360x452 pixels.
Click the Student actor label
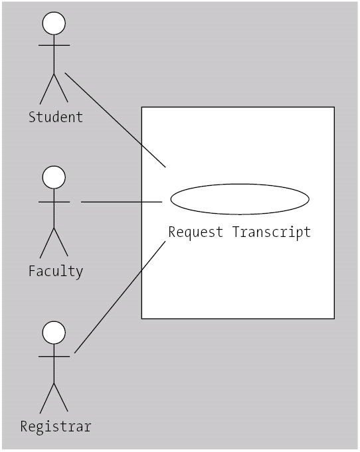coord(56,117)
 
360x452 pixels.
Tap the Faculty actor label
coord(56,271)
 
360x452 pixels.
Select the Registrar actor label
coord(56,427)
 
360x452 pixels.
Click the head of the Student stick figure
coord(54,23)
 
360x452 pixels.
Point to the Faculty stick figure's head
coord(54,177)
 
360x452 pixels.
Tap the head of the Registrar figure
coord(54,333)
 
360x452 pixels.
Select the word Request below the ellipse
coord(195,232)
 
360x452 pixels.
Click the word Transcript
coord(272,232)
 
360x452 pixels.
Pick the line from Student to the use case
coord(116,120)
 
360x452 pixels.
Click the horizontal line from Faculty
coord(122,202)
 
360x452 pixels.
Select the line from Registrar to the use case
coord(120,297)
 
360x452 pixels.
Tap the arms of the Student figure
coord(54,45)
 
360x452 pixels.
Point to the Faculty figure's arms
coord(54,202)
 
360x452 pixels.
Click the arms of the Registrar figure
coord(54,357)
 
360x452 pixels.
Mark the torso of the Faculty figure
coord(54,208)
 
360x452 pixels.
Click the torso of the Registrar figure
coord(54,364)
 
